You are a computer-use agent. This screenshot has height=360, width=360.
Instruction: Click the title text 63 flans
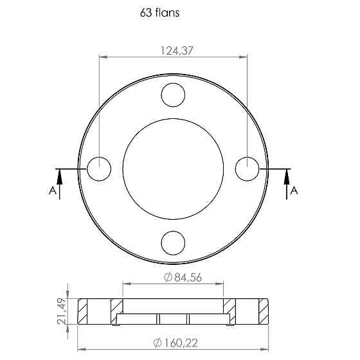pyautogui.click(x=159, y=13)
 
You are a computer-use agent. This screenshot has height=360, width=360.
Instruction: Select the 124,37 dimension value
pyautogui.click(x=177, y=51)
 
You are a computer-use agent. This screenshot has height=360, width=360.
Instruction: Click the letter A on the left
pyautogui.click(x=53, y=190)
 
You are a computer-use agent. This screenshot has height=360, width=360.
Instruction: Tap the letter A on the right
pyautogui.click(x=294, y=190)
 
